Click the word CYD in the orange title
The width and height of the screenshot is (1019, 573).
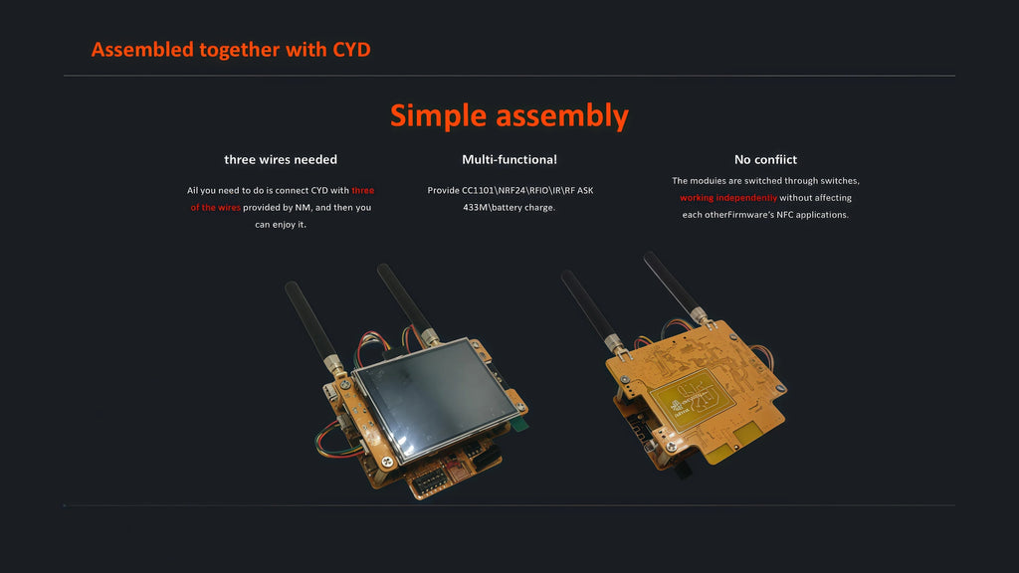click(x=351, y=50)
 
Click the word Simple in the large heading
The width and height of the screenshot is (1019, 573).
click(x=438, y=115)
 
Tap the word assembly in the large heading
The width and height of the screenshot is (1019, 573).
click(x=562, y=115)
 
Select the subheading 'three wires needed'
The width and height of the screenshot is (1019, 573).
click(x=281, y=160)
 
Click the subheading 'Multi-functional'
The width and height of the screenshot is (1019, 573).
click(x=509, y=160)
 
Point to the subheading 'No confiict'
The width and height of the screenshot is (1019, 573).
click(x=765, y=160)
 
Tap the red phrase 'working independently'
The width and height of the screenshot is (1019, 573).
click(x=728, y=198)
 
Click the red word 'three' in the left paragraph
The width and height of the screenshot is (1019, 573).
click(x=362, y=190)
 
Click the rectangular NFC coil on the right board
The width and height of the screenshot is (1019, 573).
click(x=693, y=400)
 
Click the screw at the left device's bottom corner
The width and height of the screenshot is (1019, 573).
click(x=387, y=462)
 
